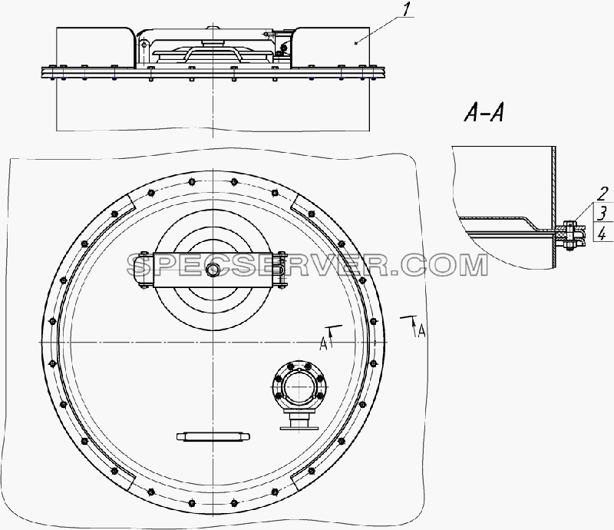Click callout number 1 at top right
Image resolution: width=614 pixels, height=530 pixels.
[x=407, y=10]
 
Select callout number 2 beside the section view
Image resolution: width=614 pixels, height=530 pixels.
[x=603, y=194]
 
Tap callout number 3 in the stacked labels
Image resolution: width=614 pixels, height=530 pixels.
[x=603, y=213]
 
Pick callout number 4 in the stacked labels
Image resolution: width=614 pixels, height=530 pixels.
[x=603, y=234]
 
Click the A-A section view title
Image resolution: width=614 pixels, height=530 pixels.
[x=484, y=114]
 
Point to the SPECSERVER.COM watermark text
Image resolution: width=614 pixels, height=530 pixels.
[x=308, y=266]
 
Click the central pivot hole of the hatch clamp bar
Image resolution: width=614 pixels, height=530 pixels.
[x=213, y=270]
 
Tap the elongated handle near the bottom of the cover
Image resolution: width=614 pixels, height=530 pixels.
[x=213, y=436]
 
